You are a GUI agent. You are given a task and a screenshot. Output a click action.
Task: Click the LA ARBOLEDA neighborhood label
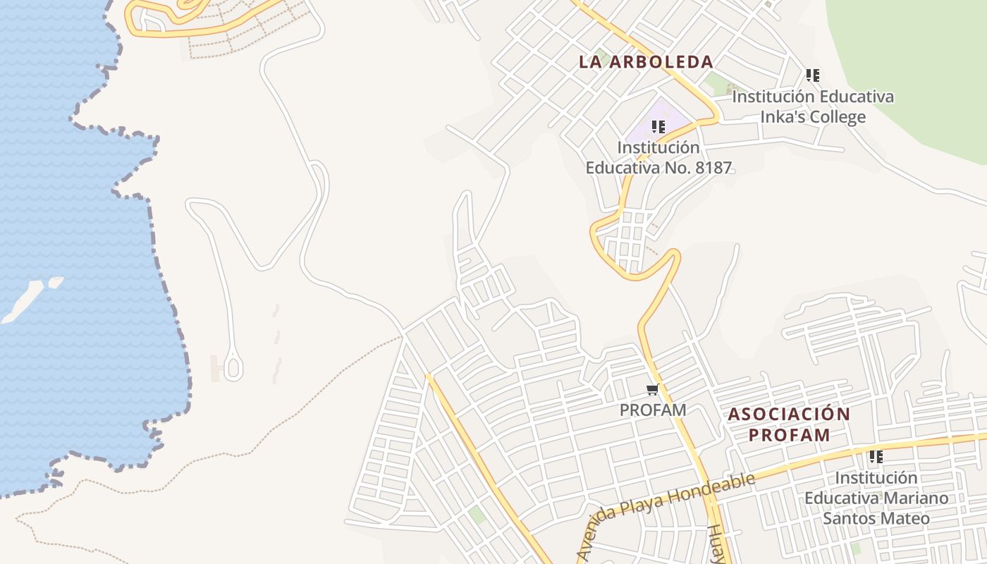click(646, 62)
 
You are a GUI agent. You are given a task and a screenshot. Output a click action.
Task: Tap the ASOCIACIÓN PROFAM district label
click(789, 424)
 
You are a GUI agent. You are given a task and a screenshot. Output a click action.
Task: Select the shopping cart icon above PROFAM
click(653, 390)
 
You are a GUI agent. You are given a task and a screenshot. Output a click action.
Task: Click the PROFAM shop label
click(653, 410)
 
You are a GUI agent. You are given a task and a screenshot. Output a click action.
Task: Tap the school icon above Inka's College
click(813, 75)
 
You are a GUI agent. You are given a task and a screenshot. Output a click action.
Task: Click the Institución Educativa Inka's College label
click(813, 106)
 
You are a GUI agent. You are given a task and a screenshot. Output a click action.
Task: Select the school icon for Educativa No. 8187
click(658, 127)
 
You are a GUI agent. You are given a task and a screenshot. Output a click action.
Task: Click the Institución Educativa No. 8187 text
click(658, 158)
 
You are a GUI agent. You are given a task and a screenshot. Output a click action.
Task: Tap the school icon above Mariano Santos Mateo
click(876, 457)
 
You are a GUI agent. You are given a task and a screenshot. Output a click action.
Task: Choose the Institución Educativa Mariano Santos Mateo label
click(876, 498)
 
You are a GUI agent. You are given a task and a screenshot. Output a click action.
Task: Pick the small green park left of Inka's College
click(718, 84)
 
